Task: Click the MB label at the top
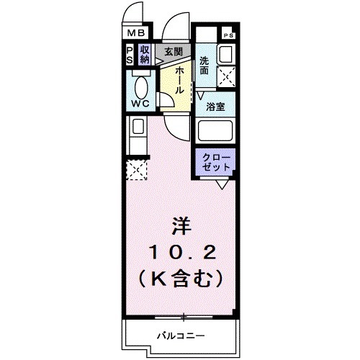[136, 32]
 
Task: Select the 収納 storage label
[145, 55]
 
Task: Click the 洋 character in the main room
[180, 226]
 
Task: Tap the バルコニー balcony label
[181, 335]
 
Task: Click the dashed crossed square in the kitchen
[135, 170]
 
